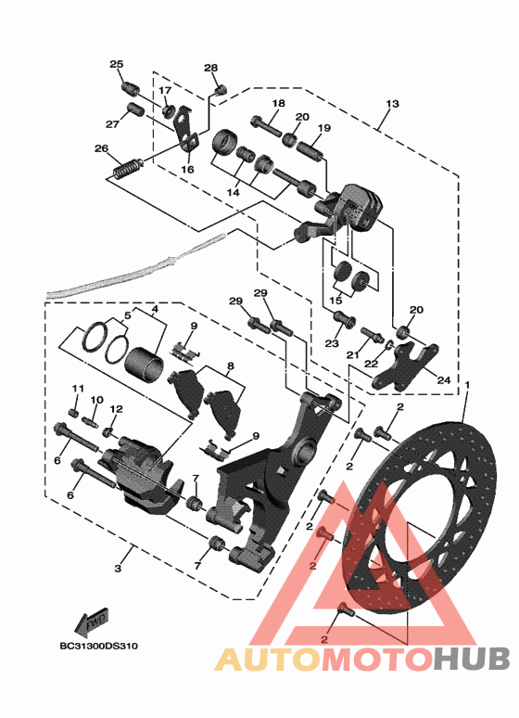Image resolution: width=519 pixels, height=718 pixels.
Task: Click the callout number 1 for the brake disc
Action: tap(467, 386)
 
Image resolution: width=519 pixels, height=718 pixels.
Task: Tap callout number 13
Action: tap(392, 104)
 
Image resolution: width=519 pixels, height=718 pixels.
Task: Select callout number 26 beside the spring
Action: tap(102, 148)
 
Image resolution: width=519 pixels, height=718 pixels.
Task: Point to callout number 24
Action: tap(444, 380)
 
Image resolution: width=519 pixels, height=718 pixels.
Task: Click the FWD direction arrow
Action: tap(92, 622)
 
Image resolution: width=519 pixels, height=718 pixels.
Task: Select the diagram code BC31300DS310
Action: tap(99, 647)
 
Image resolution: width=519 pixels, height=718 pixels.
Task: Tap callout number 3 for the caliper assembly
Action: tap(118, 569)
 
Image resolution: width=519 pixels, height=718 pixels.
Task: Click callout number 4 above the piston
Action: tap(155, 310)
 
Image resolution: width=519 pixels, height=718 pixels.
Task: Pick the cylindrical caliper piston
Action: tap(145, 365)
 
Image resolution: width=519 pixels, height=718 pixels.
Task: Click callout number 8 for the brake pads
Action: tap(230, 366)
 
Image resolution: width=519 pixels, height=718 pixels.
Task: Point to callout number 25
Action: tap(116, 64)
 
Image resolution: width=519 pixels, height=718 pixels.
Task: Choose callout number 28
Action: tap(210, 69)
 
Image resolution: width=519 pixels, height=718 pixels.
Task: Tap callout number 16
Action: tap(187, 170)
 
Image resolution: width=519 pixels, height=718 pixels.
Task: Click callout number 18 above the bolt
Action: tap(278, 104)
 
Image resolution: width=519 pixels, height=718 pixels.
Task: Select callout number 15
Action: tap(335, 301)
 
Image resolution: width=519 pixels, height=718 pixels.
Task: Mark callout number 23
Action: tap(332, 343)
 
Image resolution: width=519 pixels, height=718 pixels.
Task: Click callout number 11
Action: tap(78, 389)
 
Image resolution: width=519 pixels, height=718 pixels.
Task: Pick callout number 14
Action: tap(233, 193)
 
